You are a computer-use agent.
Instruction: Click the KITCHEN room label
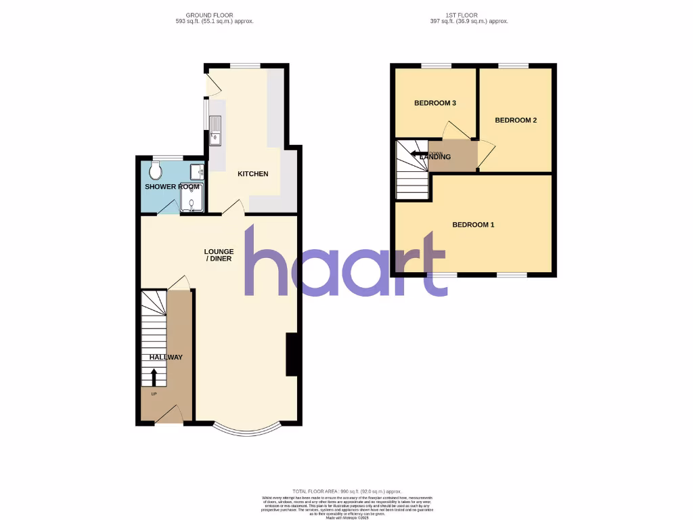point(252,174)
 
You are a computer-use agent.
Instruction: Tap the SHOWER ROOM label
point(172,187)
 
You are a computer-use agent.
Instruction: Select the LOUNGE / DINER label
point(219,255)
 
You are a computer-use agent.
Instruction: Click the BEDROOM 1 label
point(473,225)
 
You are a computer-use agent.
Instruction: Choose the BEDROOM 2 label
point(516,121)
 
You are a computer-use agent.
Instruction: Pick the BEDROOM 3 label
point(435,104)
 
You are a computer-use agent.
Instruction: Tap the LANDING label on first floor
point(435,157)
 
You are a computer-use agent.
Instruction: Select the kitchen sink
point(216,131)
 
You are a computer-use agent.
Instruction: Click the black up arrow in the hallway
point(154,376)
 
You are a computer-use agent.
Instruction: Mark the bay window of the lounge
point(246,431)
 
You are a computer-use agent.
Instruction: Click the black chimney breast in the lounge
point(292,354)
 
